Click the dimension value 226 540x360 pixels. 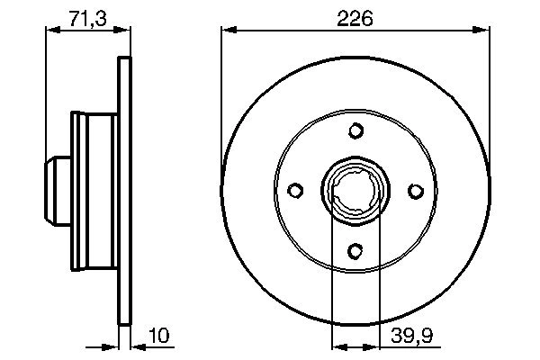(355, 17)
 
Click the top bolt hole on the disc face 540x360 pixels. (355, 131)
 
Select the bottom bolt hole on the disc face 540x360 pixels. (355, 251)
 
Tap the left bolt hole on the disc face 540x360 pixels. (295, 191)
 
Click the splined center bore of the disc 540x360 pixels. (355, 192)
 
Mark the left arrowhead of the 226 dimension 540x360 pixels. (228, 31)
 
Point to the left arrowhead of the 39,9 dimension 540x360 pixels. (338, 345)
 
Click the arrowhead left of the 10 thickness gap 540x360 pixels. (112, 345)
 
